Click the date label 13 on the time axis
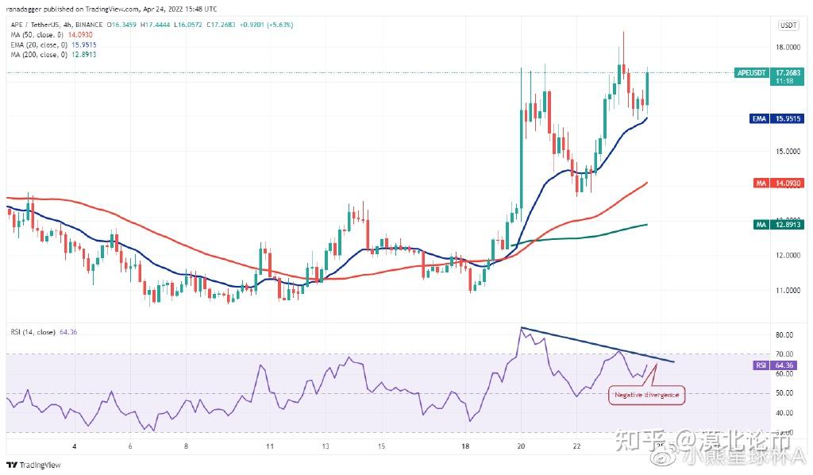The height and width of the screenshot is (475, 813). (326, 446)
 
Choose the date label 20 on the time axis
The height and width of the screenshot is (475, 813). (520, 446)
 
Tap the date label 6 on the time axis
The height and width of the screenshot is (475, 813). (129, 446)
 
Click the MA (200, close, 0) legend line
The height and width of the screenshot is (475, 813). (41, 54)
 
